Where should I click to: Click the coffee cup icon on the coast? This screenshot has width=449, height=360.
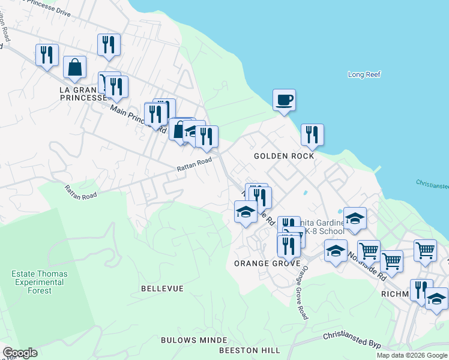point(284,100)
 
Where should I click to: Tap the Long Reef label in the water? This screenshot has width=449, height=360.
point(364,75)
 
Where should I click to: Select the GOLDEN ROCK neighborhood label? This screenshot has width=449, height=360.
point(284,156)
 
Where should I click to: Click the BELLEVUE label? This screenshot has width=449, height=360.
point(162,289)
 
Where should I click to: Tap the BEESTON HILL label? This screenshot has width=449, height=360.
point(249,350)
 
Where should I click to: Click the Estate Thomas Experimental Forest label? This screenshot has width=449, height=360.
point(40,282)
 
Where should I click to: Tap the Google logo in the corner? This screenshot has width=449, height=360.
point(20,353)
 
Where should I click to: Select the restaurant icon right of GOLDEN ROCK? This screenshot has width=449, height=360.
point(312,134)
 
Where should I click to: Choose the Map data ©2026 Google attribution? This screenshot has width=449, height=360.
point(412,355)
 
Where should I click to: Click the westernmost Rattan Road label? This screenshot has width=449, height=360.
point(81,192)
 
